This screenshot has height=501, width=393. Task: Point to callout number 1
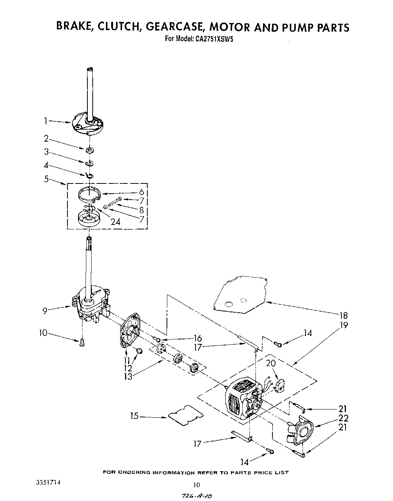pyautogui.click(x=45, y=121)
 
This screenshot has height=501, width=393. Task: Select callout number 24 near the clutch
pyautogui.click(x=115, y=221)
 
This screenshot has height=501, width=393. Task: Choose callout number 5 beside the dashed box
pyautogui.click(x=46, y=179)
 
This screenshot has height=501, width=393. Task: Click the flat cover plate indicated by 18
pyautogui.click(x=241, y=293)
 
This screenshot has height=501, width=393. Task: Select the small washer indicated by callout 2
pyautogui.click(x=90, y=151)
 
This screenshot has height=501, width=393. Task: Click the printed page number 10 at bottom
pyautogui.click(x=196, y=485)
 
